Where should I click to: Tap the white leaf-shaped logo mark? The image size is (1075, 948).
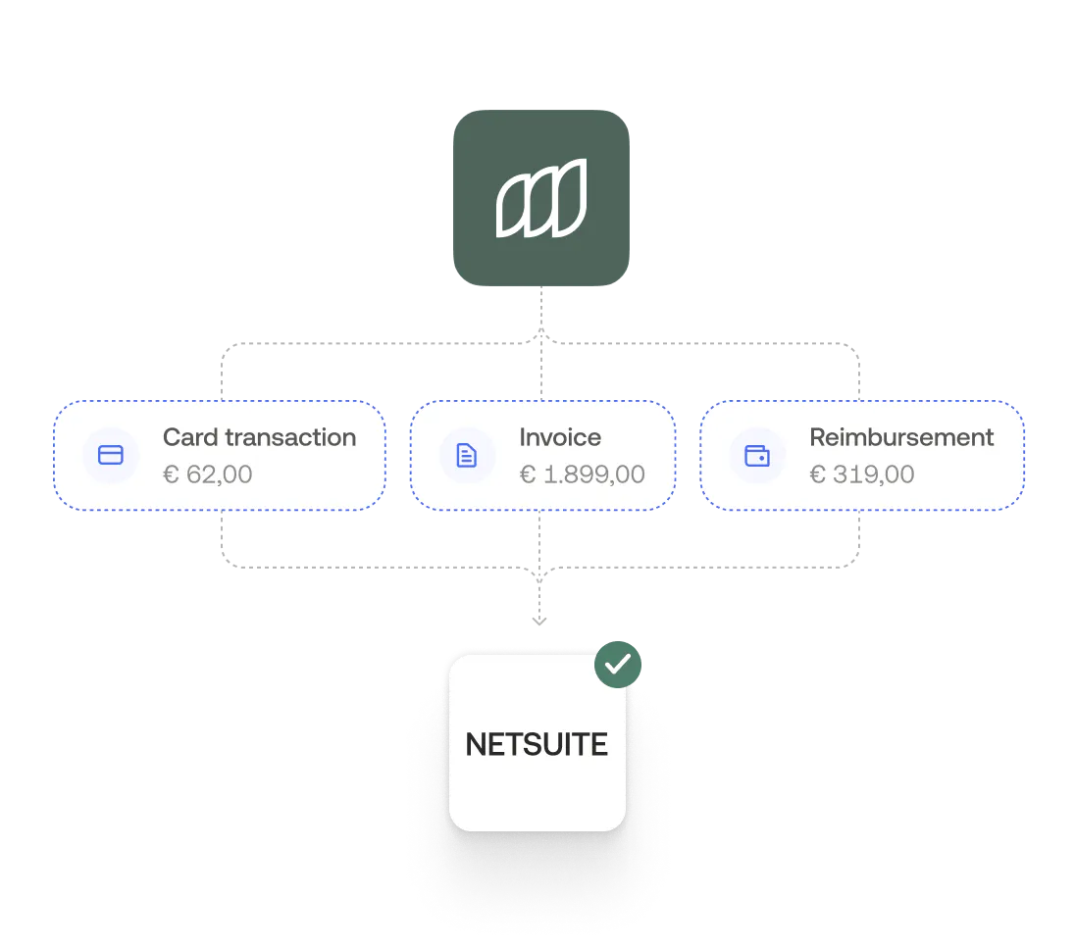click(540, 198)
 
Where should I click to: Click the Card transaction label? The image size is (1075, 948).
click(259, 437)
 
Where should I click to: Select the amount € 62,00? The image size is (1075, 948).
click(207, 474)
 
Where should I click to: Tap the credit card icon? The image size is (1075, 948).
click(111, 455)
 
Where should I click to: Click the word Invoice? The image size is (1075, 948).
click(560, 437)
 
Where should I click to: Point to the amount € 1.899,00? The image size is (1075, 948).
click(582, 474)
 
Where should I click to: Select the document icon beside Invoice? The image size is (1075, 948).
click(467, 455)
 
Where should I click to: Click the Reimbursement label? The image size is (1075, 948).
click(901, 437)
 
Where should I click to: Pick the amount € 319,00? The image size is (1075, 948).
click(861, 474)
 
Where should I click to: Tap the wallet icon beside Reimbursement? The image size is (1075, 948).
click(757, 455)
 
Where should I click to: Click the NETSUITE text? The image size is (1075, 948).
click(537, 745)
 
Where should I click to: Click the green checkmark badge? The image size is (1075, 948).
click(618, 665)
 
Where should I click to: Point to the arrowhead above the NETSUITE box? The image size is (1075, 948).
click(537, 619)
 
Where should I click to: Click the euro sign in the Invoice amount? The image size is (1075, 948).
click(527, 475)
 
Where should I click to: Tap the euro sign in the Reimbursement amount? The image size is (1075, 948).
click(817, 475)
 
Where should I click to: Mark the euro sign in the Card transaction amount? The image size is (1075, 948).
click(171, 475)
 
